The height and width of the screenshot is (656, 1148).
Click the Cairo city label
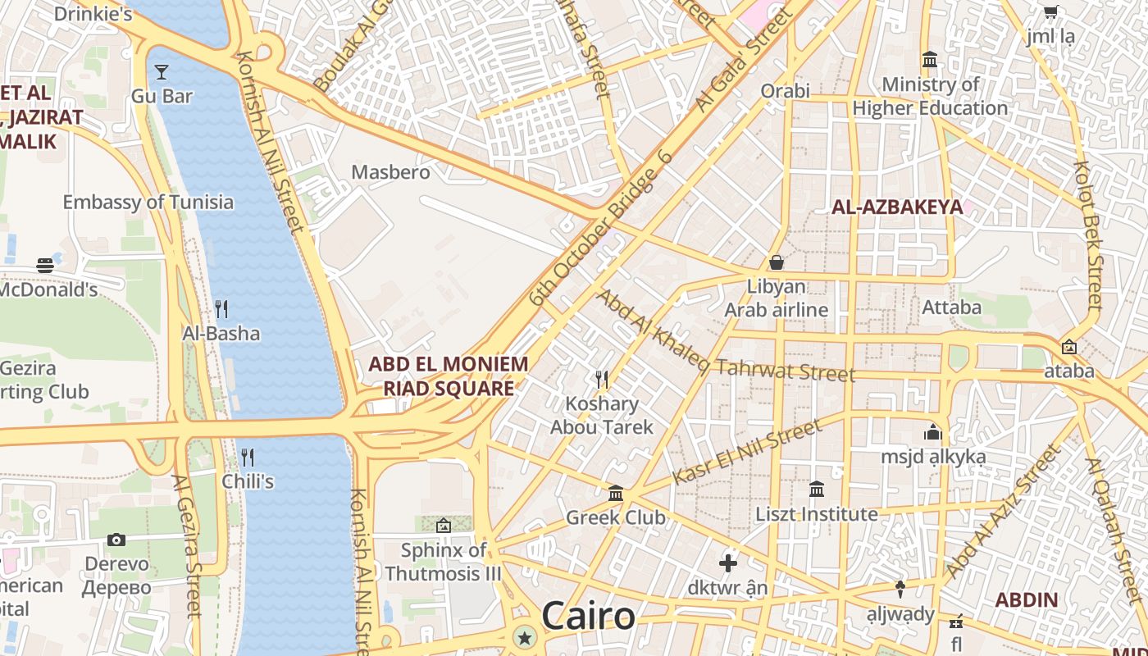coord(588,616)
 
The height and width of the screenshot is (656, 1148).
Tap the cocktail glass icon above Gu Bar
coord(162,72)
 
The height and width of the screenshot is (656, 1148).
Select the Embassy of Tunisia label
coord(148,202)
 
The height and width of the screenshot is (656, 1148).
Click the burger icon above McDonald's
coord(45,266)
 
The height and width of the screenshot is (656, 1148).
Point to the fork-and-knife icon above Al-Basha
coord(221,309)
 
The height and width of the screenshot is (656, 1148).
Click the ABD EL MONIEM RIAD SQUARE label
coord(449,376)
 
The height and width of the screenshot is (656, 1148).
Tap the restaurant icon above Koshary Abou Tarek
coord(602,379)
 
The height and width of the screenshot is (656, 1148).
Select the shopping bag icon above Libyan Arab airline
coord(776,262)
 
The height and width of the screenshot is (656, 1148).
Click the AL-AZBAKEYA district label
coord(897,207)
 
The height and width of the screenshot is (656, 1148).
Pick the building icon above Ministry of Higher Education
coord(930,60)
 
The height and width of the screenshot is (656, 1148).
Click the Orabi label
coord(785,90)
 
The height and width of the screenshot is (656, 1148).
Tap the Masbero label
coord(390,172)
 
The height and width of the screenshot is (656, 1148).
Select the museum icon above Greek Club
coord(616,493)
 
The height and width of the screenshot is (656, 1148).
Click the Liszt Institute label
coord(816,514)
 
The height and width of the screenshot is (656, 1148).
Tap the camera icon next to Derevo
coord(116,540)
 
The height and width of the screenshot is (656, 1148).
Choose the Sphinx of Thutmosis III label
coord(443,562)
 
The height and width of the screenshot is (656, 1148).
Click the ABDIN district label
coord(1026,599)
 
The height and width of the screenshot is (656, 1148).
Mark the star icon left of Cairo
coord(524,637)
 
